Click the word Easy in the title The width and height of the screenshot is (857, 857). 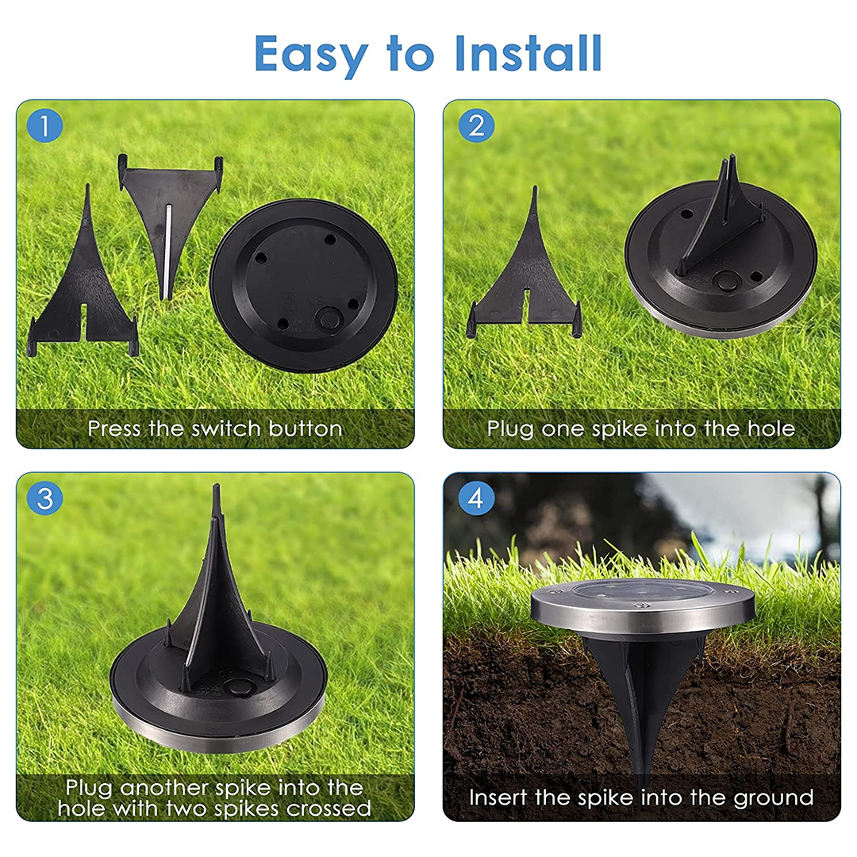tap(313, 53)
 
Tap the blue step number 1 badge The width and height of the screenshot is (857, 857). tap(44, 126)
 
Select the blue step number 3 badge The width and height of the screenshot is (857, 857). tap(44, 498)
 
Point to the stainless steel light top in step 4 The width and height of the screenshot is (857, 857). tap(641, 608)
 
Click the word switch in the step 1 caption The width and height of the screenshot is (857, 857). tap(226, 429)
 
